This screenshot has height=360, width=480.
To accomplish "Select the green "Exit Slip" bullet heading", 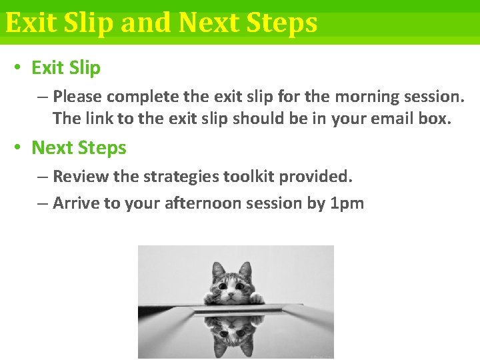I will pyautogui.click(x=66, y=68).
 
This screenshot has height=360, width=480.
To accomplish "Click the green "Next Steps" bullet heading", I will pyautogui.click(x=79, y=148).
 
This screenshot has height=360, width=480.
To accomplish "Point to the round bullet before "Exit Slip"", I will pyautogui.click(x=18, y=68).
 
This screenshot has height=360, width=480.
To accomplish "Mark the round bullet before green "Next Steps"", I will pyautogui.click(x=18, y=148).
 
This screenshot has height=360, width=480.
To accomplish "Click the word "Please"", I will pyautogui.click(x=77, y=97).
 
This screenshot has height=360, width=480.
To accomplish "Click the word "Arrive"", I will pyautogui.click(x=76, y=203).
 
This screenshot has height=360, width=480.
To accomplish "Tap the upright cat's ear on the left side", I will pyautogui.click(x=217, y=269).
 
